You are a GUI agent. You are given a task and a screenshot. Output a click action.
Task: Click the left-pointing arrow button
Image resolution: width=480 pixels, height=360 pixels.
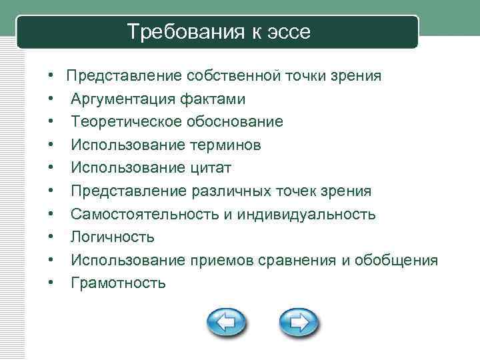coord(226,323)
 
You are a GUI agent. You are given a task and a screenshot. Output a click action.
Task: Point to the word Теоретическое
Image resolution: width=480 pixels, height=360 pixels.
coord(119,122)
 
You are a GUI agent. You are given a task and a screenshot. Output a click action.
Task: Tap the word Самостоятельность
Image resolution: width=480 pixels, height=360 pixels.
coord(135,214)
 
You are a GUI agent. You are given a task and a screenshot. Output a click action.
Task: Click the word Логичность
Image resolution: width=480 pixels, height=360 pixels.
coord(113,237)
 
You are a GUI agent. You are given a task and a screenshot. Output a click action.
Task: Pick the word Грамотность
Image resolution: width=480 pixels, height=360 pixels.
coord(118,283)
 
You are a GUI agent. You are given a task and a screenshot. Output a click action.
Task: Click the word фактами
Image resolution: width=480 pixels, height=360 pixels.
coord(211,99)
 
